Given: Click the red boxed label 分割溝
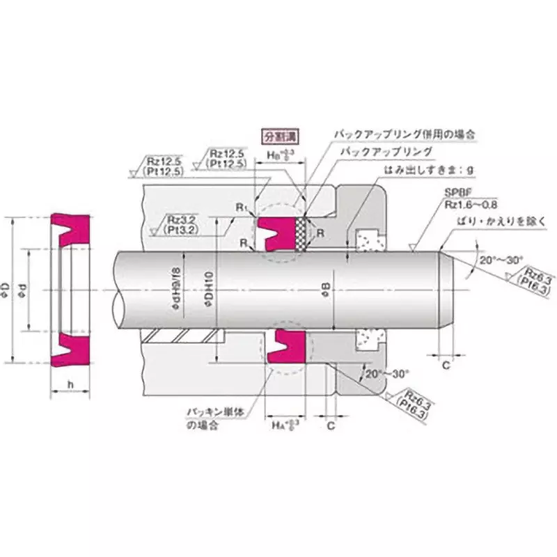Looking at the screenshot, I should point(276,135).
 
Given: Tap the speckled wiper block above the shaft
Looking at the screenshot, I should point(365,240).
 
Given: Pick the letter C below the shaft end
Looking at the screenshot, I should point(446,364).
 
